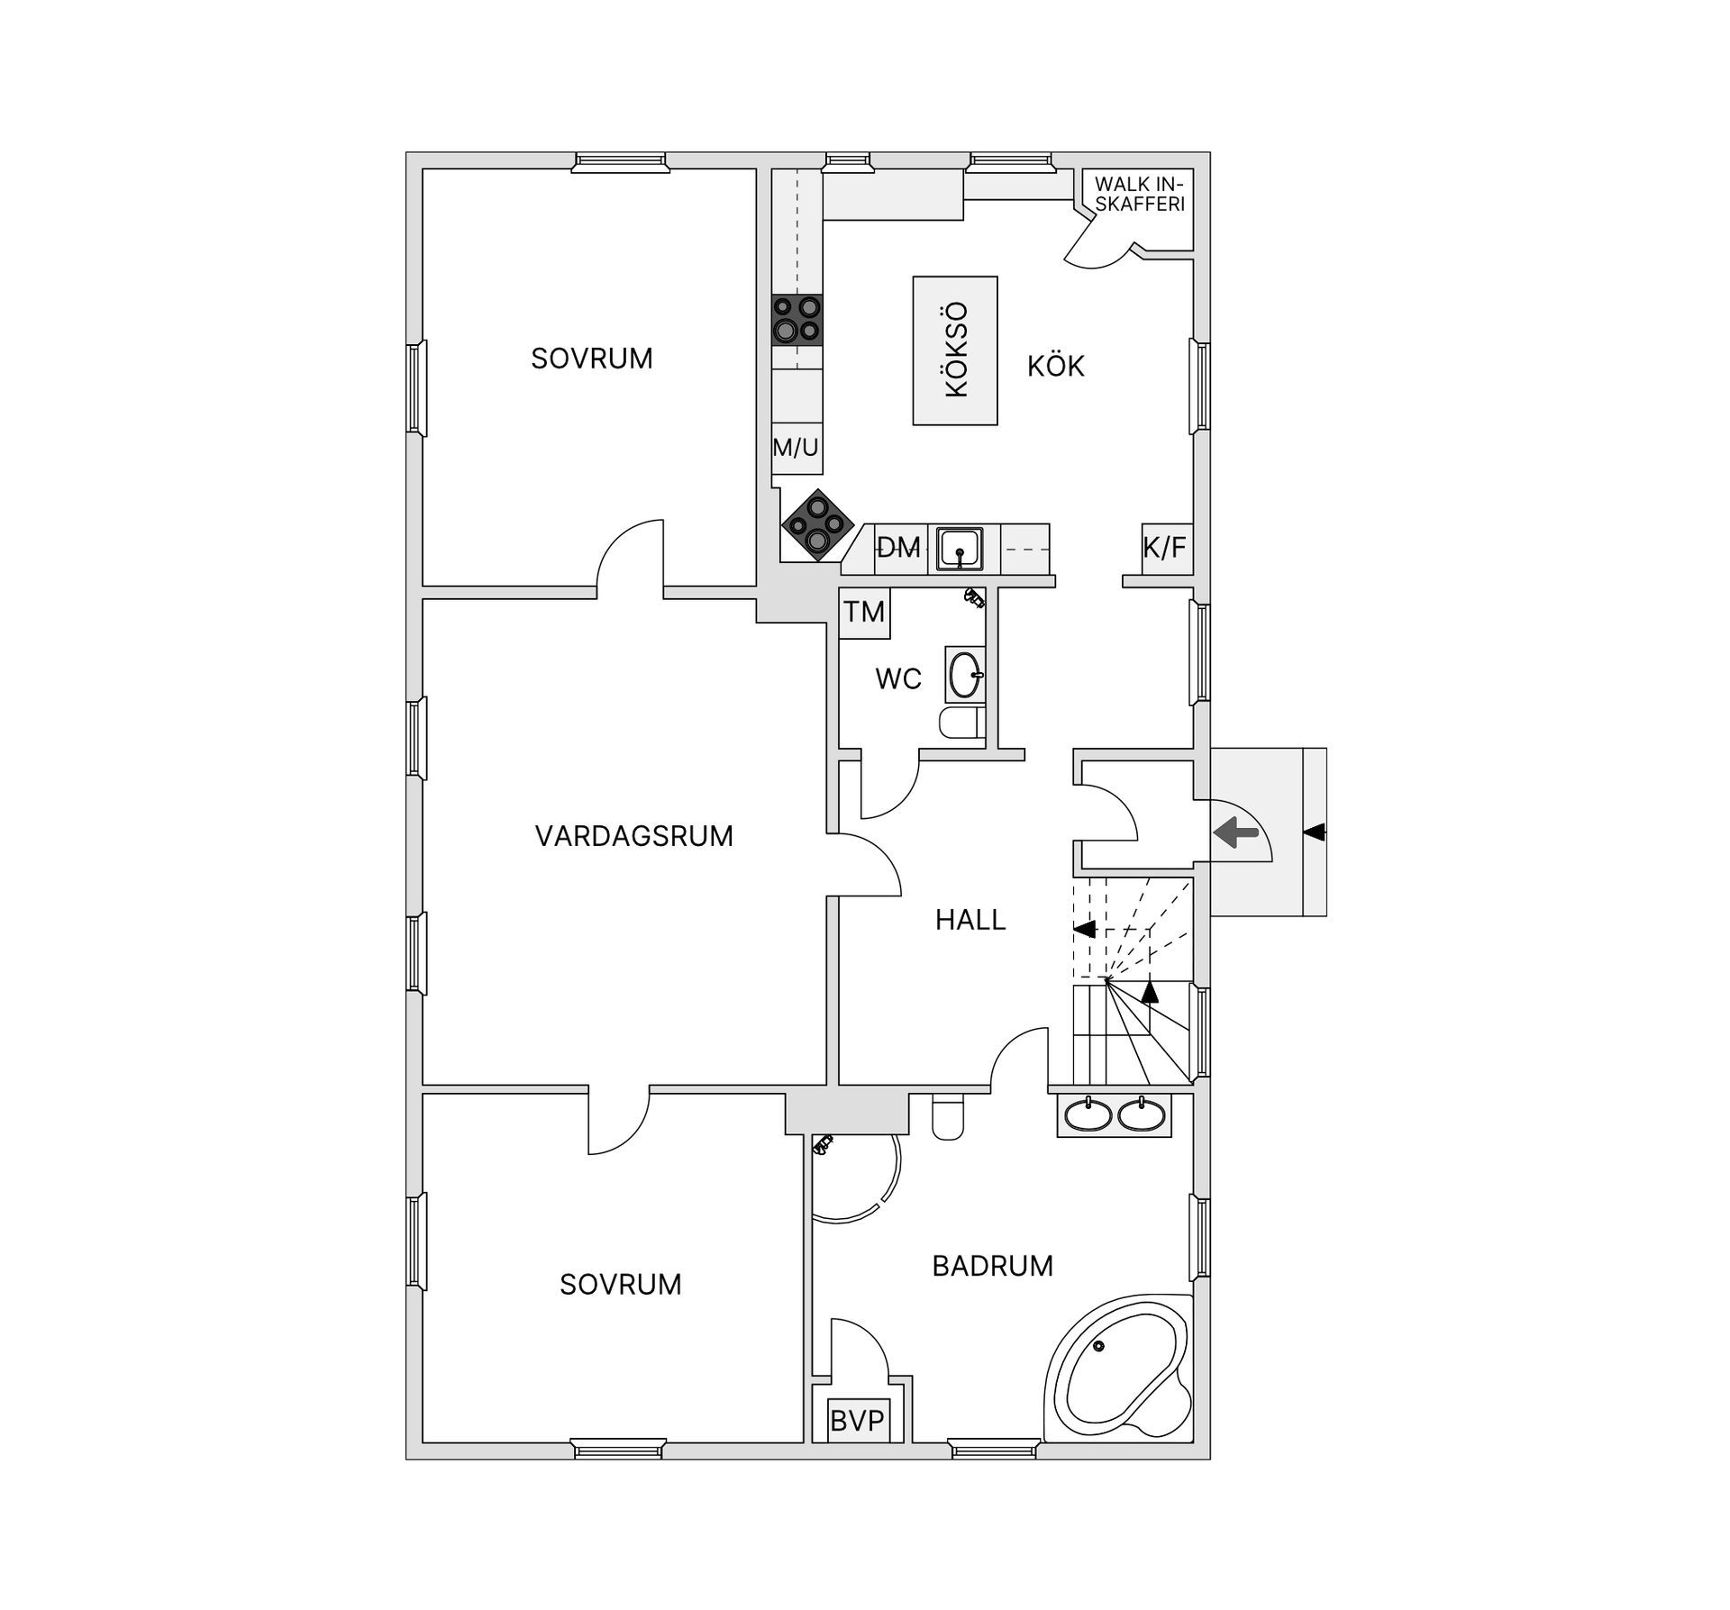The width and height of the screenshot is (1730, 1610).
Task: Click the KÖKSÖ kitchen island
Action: (x=955, y=350)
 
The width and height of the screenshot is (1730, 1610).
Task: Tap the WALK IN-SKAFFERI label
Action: (x=1140, y=194)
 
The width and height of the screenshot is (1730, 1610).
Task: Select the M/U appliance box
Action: (x=797, y=448)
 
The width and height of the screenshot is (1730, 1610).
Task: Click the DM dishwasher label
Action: (x=899, y=547)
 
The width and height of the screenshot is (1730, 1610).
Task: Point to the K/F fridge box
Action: (x=1166, y=548)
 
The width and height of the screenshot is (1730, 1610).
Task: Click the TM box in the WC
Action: (x=864, y=613)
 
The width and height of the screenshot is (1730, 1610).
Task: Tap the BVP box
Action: (x=857, y=1421)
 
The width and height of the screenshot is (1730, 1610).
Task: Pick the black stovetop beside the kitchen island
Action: (x=797, y=320)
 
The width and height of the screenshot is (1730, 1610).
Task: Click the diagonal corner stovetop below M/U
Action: (x=818, y=524)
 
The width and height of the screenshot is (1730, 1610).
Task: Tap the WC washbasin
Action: (x=965, y=674)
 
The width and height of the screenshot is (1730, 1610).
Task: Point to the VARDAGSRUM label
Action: (x=633, y=836)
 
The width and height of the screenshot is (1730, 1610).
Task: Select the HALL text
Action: (x=970, y=920)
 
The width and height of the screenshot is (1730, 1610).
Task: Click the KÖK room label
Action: (x=1056, y=366)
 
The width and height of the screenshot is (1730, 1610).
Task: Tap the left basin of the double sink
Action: (x=1088, y=1115)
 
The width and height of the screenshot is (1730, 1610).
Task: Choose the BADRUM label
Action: (x=993, y=1266)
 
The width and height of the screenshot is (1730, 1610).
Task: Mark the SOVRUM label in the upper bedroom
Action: (x=592, y=359)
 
